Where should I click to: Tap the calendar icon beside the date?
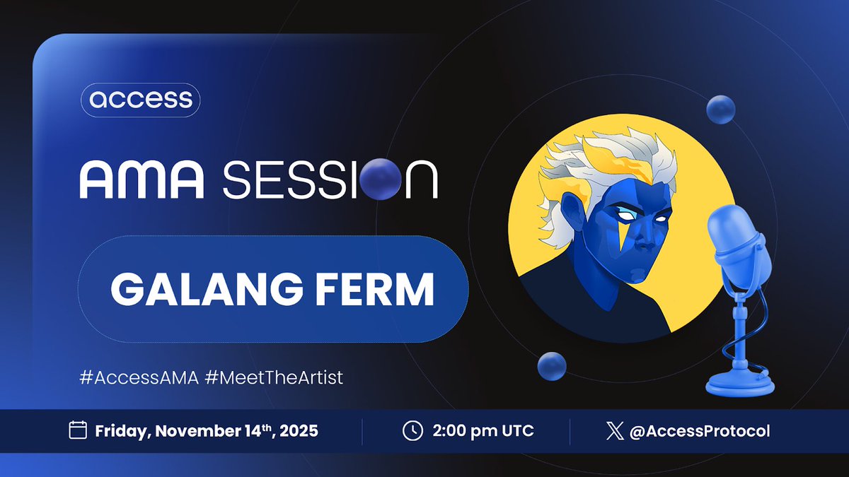coord(77,430)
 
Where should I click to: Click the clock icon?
coord(412,430)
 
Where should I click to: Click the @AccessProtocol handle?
coord(700,430)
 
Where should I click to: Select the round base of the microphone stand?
coord(741,383)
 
